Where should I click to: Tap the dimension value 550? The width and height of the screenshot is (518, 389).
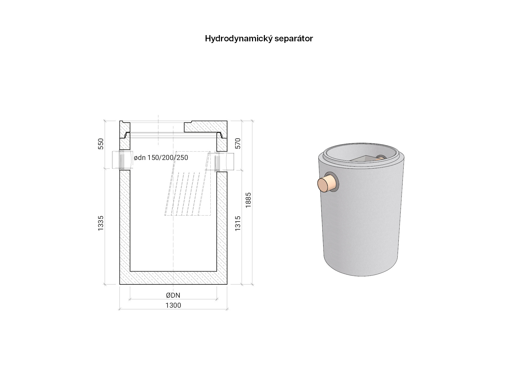pos(101,144)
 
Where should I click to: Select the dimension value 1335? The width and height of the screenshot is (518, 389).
pos(101,223)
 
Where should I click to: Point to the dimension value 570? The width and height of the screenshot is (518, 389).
pos(238,143)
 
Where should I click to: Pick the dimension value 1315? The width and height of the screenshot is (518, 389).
pos(238,223)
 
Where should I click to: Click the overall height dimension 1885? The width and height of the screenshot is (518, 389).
pos(248,200)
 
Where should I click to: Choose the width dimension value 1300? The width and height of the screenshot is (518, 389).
pos(173,305)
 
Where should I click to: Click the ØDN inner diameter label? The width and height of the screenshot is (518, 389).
pos(173,295)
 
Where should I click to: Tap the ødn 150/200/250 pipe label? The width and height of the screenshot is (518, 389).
pos(161,158)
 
